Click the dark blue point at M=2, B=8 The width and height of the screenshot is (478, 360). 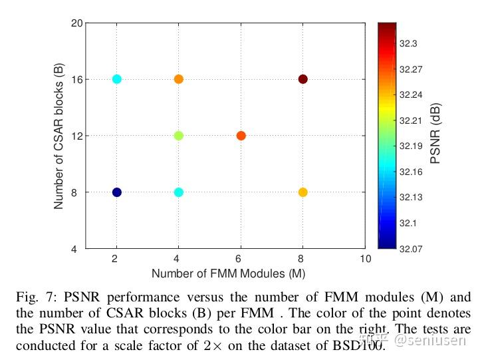(117, 192)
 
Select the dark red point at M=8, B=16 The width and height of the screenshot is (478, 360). (303, 79)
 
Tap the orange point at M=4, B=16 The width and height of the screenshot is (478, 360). (179, 79)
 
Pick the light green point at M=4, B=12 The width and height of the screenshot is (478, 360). (179, 136)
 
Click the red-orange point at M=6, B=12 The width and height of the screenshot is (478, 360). (241, 136)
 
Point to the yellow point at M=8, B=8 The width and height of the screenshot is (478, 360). (303, 192)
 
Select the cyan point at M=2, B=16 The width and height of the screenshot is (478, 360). (117, 79)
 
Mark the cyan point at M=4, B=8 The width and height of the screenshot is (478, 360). (179, 192)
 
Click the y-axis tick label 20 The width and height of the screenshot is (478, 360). (77, 23)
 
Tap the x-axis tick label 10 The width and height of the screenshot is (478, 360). (364, 258)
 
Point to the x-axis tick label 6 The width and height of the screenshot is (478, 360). (241, 258)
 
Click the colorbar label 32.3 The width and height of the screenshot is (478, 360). (408, 43)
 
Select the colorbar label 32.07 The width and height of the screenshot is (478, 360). (410, 248)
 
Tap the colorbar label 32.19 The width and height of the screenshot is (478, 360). (410, 146)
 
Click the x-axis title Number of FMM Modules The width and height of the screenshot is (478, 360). (227, 273)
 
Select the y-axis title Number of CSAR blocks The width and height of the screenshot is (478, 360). (59, 136)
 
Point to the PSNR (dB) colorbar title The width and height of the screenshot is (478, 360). (436, 134)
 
